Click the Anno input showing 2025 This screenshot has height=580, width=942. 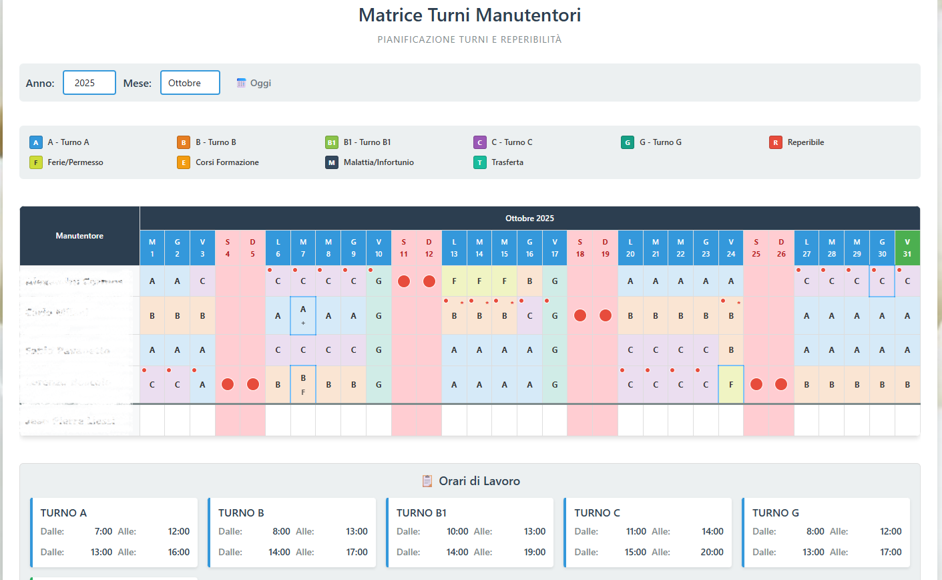coord(89,83)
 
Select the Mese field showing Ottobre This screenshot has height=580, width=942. coord(190,83)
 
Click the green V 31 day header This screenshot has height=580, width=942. coord(907,248)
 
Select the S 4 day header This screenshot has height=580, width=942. coord(228,248)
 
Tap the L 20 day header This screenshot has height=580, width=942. coord(630,248)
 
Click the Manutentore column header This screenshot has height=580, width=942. coord(79,236)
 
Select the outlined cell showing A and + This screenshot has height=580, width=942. coord(303,315)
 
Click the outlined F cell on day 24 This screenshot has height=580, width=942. coord(731,384)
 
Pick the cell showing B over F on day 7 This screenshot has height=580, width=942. coord(303,384)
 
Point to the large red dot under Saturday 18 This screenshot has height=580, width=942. coord(580,315)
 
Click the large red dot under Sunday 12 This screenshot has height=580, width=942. coord(429,281)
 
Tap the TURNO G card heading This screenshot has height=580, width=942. coord(775,513)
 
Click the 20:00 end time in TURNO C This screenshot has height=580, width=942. coord(712,552)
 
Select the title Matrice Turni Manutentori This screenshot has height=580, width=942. coord(469,15)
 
